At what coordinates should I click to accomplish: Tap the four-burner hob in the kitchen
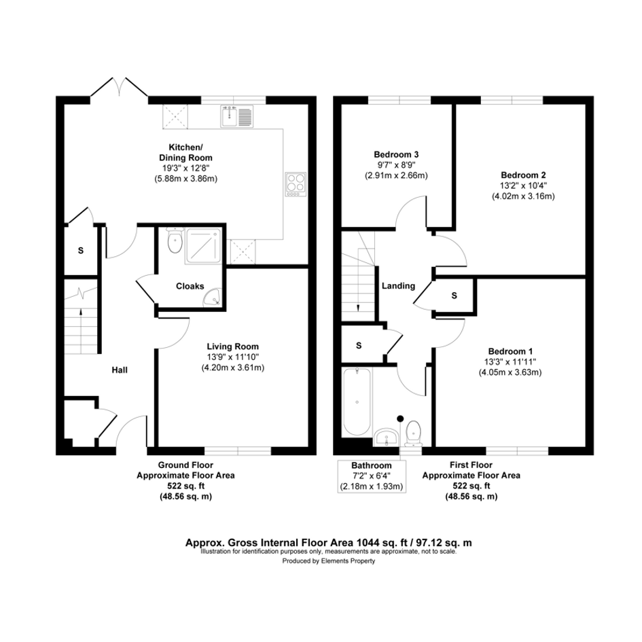pos(296,184)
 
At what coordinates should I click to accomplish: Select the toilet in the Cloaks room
pos(175,240)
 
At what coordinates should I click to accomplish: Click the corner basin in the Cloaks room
pos(213,298)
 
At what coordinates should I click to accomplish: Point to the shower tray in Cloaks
pos(204,246)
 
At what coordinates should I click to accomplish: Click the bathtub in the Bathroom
pos(357,402)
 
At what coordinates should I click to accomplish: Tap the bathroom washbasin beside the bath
pos(385,436)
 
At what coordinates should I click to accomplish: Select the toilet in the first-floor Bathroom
pos(414,433)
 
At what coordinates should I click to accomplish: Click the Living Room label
pos(232,346)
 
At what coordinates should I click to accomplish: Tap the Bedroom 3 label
pos(396,154)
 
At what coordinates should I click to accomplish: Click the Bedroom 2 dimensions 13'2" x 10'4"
pos(523,185)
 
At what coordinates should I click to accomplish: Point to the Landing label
pos(398,286)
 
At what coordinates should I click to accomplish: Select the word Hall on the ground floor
pos(120,370)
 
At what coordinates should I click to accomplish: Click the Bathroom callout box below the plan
pos(372,476)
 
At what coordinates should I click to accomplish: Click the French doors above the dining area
pos(119,87)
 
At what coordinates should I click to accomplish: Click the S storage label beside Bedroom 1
pos(454,296)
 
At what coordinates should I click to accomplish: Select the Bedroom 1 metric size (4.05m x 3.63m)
pos(510,372)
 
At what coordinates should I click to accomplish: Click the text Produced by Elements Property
pos(328,561)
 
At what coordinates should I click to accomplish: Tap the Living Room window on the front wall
pos(238,451)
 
